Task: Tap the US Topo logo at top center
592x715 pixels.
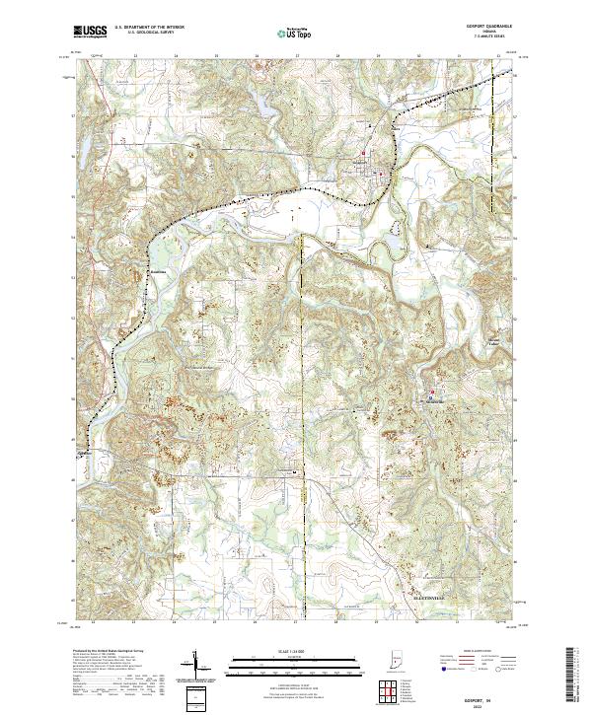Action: point(287,33)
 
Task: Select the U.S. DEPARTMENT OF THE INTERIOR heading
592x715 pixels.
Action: point(149,28)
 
